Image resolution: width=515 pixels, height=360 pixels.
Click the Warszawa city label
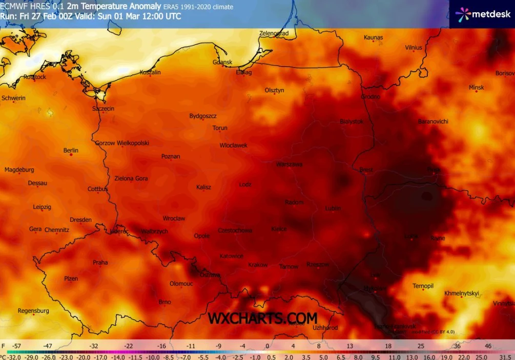pyautogui.click(x=289, y=164)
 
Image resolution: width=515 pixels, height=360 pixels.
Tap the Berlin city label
pyautogui.click(x=71, y=151)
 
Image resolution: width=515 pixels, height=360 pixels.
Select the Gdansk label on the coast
pyautogui.click(x=222, y=62)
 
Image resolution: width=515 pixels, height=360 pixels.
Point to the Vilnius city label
pyautogui.click(x=414, y=48)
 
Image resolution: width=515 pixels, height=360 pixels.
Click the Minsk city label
pyautogui.click(x=476, y=88)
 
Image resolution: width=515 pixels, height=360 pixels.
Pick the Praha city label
pyautogui.click(x=100, y=263)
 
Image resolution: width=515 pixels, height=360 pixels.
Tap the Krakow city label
pyautogui.click(x=258, y=265)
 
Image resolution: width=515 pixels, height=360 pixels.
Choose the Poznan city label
pyautogui.click(x=170, y=156)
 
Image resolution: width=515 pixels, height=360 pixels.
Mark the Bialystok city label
pyautogui.click(x=352, y=121)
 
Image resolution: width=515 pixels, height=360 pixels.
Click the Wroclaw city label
pyautogui.click(x=174, y=219)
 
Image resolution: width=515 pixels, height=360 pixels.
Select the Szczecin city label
pyautogui.click(x=103, y=109)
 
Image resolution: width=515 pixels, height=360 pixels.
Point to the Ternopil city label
pyautogui.click(x=423, y=286)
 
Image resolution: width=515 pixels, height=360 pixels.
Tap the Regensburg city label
pyautogui.click(x=33, y=311)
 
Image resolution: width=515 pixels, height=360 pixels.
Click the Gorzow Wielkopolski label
pyautogui.click(x=122, y=143)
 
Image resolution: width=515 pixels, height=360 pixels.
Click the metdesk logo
pyautogui.click(x=482, y=14)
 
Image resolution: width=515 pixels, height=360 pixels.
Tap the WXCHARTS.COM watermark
pyautogui.click(x=262, y=318)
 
